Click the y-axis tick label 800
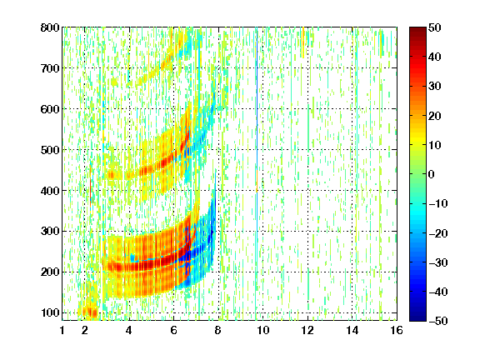(x=50, y=27)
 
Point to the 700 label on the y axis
(x=50, y=68)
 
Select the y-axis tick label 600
(x=50, y=109)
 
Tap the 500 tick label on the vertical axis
(x=50, y=150)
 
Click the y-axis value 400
(x=50, y=191)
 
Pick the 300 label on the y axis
(x=50, y=232)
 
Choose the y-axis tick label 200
(x=50, y=272)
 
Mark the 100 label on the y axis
(x=50, y=312)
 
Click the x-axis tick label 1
(x=62, y=330)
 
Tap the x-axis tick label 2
(x=85, y=330)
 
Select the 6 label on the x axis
(x=173, y=330)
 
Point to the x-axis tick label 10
(x=262, y=330)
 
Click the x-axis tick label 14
(x=352, y=330)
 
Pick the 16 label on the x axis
(x=397, y=330)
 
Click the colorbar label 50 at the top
(x=434, y=27)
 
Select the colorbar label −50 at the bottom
(x=438, y=321)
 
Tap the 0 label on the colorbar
(x=432, y=174)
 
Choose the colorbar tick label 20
(x=434, y=116)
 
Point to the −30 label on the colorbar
(x=438, y=262)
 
